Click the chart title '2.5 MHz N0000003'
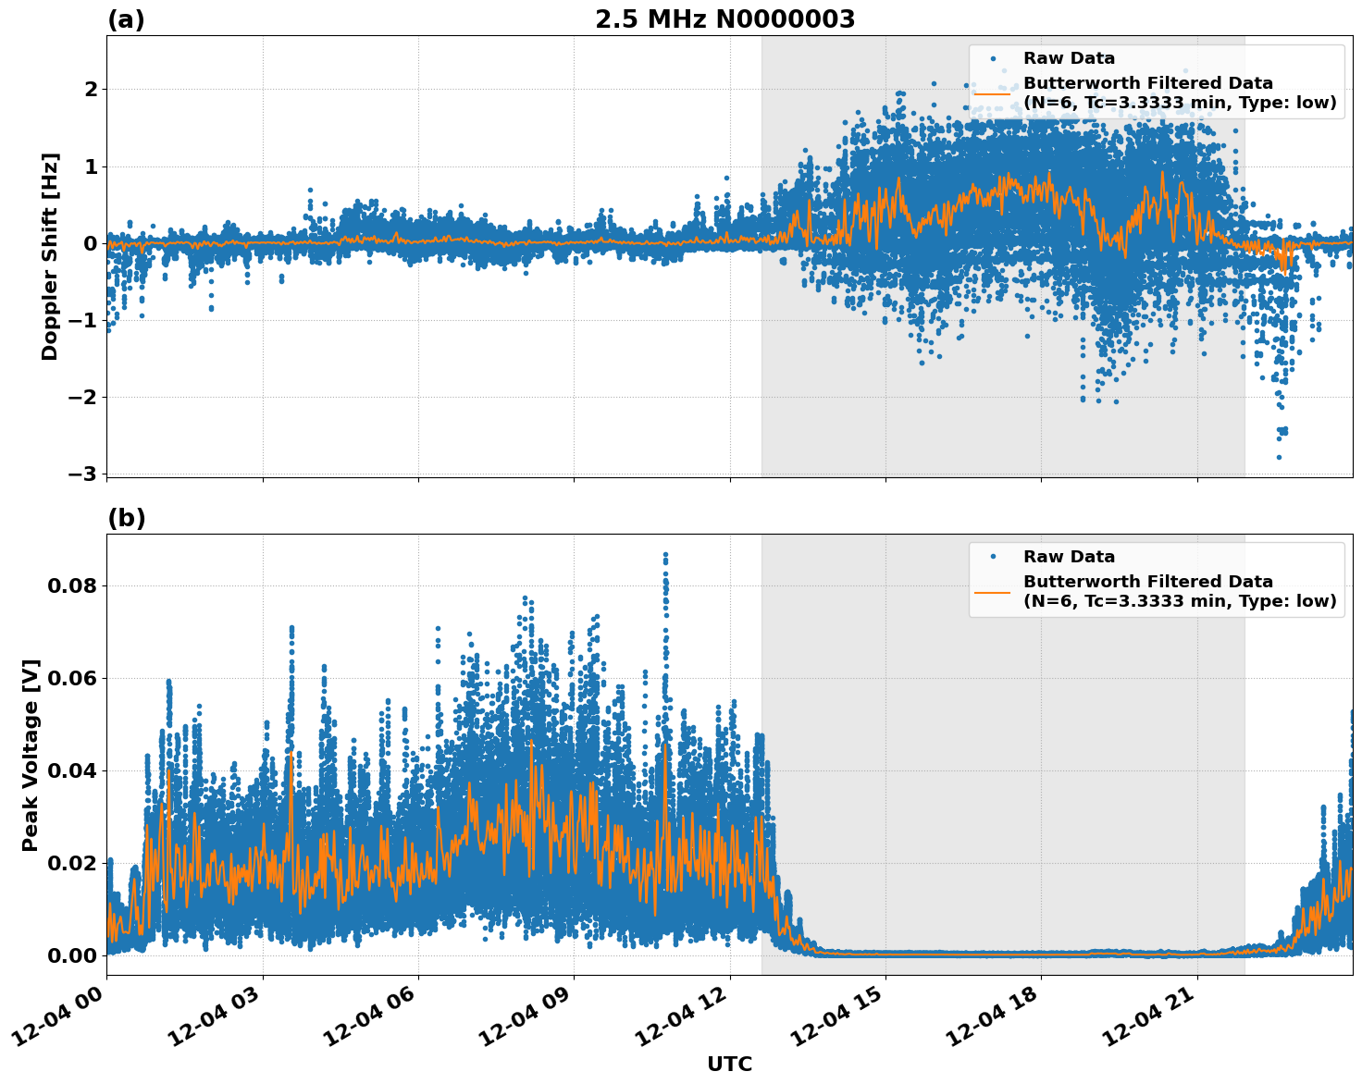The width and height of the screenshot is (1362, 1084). coord(724,19)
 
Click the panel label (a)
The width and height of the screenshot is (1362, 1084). coord(126,19)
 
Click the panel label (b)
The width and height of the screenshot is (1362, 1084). coord(126,518)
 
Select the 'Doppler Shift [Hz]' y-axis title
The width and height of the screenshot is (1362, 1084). coord(50,256)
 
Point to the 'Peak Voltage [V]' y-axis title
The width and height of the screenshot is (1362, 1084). coord(31,755)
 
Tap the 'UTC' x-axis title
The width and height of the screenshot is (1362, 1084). coord(729,1064)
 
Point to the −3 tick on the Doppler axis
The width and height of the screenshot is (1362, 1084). coord(82,474)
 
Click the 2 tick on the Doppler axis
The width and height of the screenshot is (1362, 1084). coord(91,89)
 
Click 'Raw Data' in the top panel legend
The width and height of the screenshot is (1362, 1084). coord(1069,58)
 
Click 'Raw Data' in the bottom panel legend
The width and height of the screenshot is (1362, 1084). coord(1069,557)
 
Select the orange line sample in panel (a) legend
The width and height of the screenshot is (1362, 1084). coord(992,92)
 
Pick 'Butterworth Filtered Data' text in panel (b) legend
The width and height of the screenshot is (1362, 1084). coord(1147,582)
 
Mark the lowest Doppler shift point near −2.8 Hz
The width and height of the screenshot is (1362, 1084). coord(1279,457)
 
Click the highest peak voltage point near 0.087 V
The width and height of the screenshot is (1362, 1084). coord(664,554)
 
